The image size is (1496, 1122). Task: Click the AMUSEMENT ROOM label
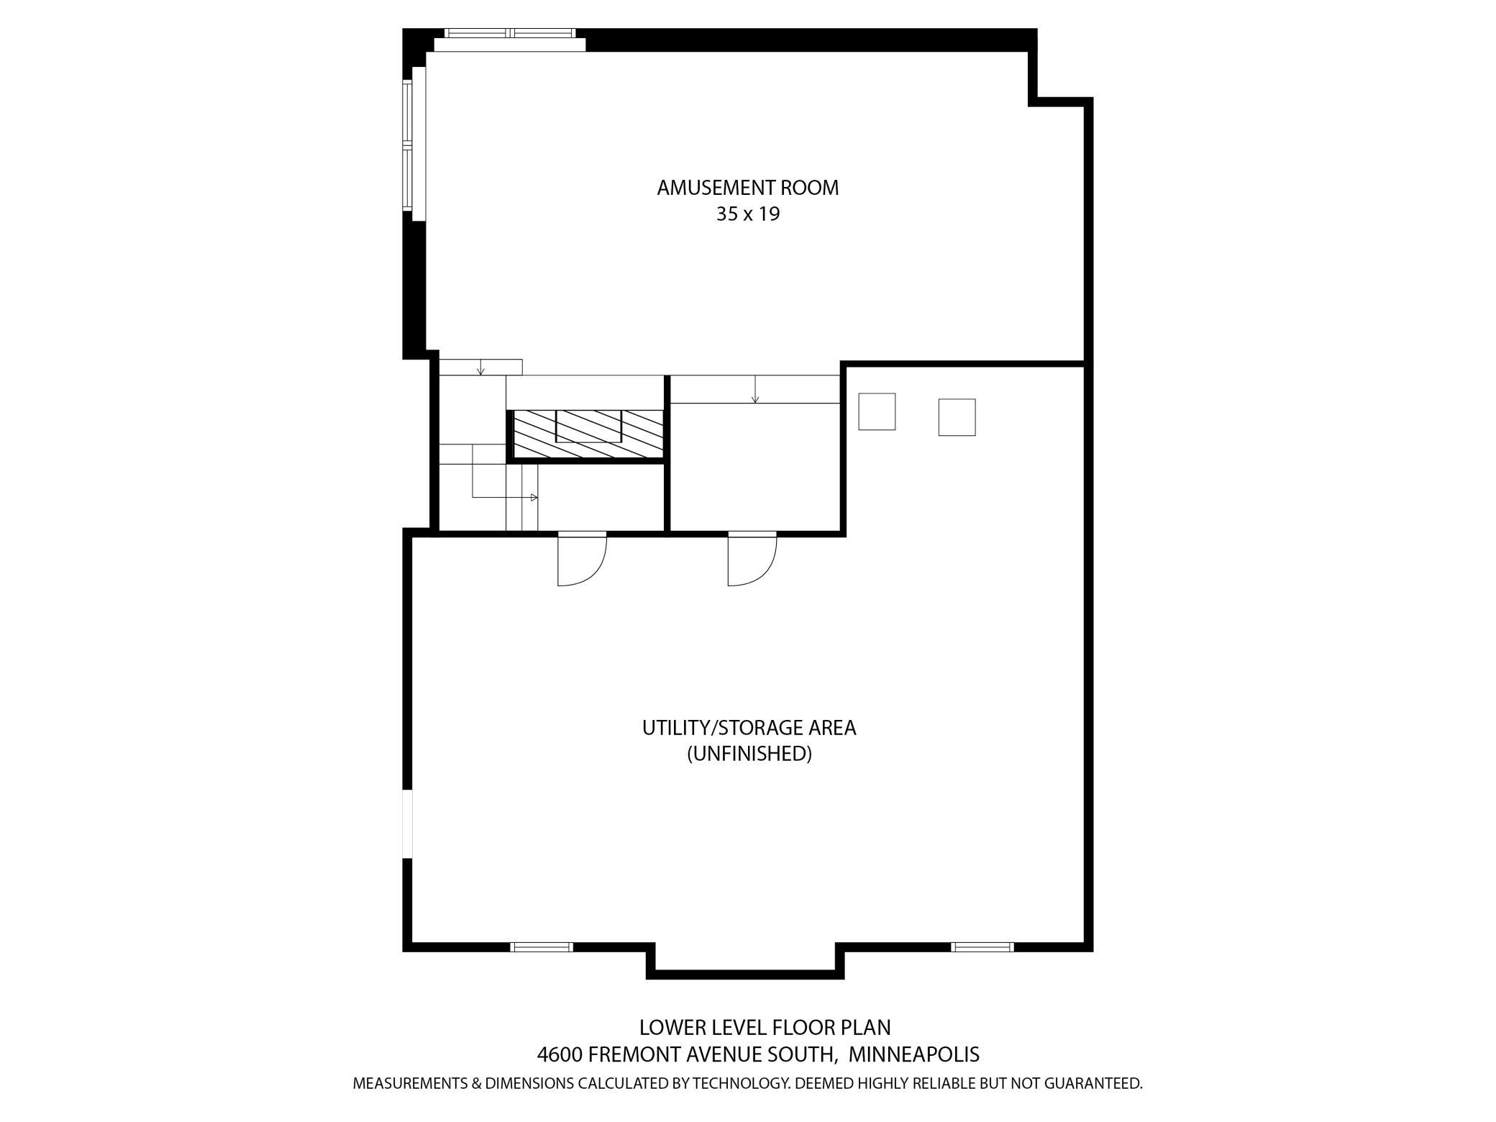(747, 188)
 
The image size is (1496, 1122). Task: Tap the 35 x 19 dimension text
(747, 214)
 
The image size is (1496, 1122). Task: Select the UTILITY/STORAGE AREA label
(749, 728)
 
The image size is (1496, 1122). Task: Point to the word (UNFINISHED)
(749, 754)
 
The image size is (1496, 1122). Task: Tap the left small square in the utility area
(877, 411)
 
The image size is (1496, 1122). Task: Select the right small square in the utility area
(957, 417)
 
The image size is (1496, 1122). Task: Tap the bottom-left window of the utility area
(542, 947)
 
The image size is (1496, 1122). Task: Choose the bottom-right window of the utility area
(982, 947)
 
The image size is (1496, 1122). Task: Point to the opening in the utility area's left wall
(408, 824)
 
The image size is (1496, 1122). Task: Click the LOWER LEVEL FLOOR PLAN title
(765, 1027)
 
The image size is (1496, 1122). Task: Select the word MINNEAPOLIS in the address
(914, 1054)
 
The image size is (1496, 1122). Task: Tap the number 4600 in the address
(560, 1054)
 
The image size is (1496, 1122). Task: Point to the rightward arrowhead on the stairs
(534, 497)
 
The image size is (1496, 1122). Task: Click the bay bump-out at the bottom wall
(745, 964)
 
